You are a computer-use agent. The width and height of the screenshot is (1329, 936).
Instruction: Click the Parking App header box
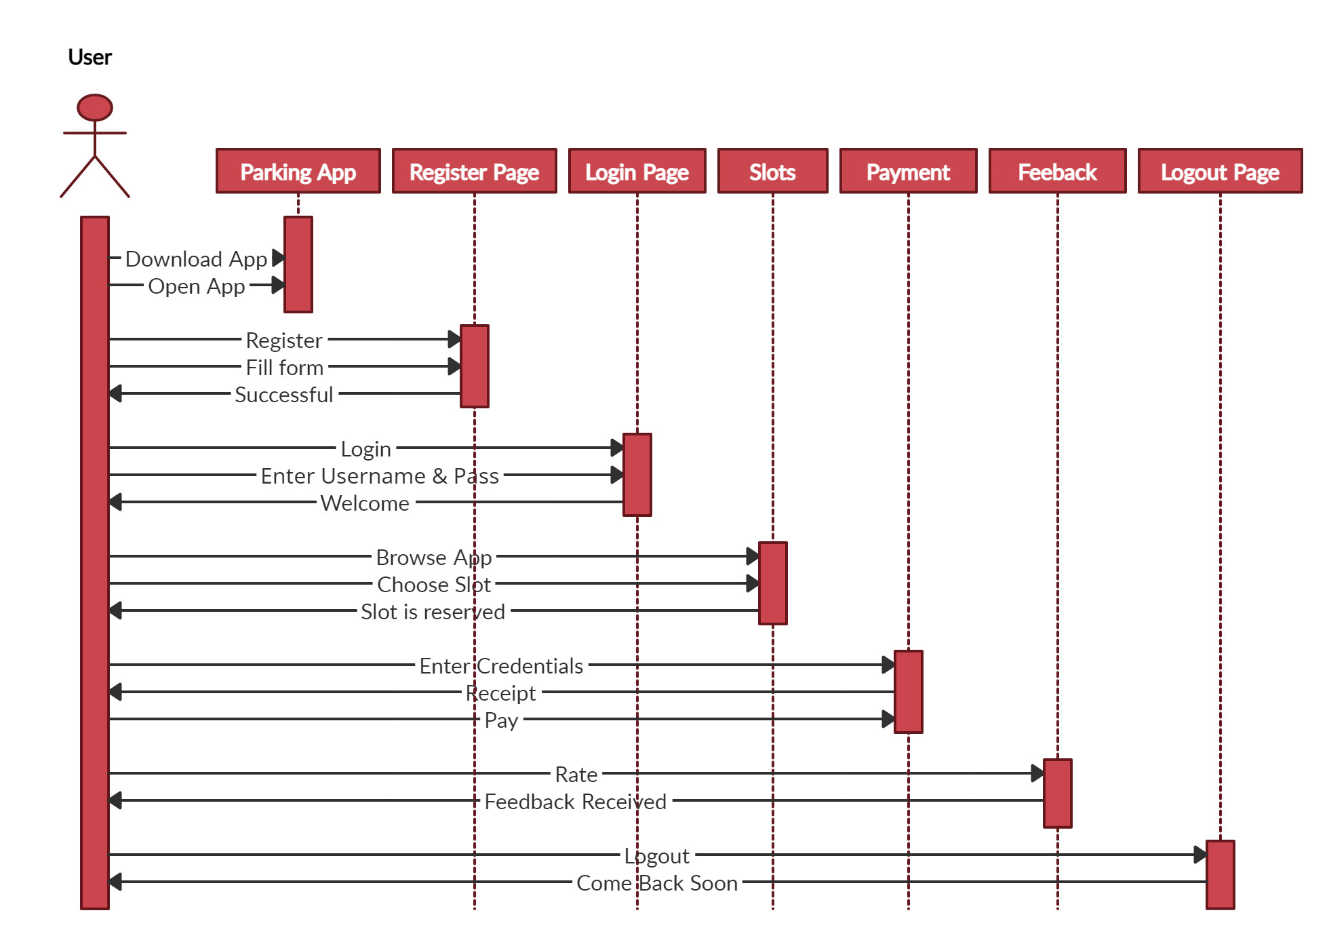click(298, 172)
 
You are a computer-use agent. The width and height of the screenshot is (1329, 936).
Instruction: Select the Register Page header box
click(474, 172)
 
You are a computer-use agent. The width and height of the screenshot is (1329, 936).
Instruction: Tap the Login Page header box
click(637, 172)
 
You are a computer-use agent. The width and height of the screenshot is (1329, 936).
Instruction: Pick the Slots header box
click(772, 172)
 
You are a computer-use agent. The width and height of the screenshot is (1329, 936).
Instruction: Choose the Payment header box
click(908, 172)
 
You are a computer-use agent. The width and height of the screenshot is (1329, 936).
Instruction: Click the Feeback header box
click(1057, 172)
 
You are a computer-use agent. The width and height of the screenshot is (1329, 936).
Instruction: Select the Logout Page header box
click(1220, 172)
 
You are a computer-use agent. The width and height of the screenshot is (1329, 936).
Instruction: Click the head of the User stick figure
click(95, 108)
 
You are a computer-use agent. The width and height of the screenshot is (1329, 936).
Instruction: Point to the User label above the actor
click(90, 58)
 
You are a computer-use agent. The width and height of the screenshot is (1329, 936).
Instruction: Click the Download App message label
click(196, 259)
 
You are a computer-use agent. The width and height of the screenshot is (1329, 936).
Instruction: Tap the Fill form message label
click(284, 368)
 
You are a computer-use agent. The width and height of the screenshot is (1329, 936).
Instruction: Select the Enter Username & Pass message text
click(380, 476)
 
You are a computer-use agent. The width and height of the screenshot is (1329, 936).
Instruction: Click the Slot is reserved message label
click(433, 612)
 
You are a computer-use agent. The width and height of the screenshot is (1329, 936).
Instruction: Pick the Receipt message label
click(501, 693)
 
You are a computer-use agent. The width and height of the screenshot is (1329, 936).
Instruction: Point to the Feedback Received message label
click(575, 802)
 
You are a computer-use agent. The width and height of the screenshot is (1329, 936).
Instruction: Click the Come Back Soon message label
click(656, 883)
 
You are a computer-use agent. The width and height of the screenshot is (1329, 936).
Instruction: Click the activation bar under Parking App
click(298, 265)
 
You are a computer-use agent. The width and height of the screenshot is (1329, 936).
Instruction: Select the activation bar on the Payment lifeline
click(908, 692)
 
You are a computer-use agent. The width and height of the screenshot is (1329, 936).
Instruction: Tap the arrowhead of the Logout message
click(1200, 855)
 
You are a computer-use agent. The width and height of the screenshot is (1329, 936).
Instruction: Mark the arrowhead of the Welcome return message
click(115, 502)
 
